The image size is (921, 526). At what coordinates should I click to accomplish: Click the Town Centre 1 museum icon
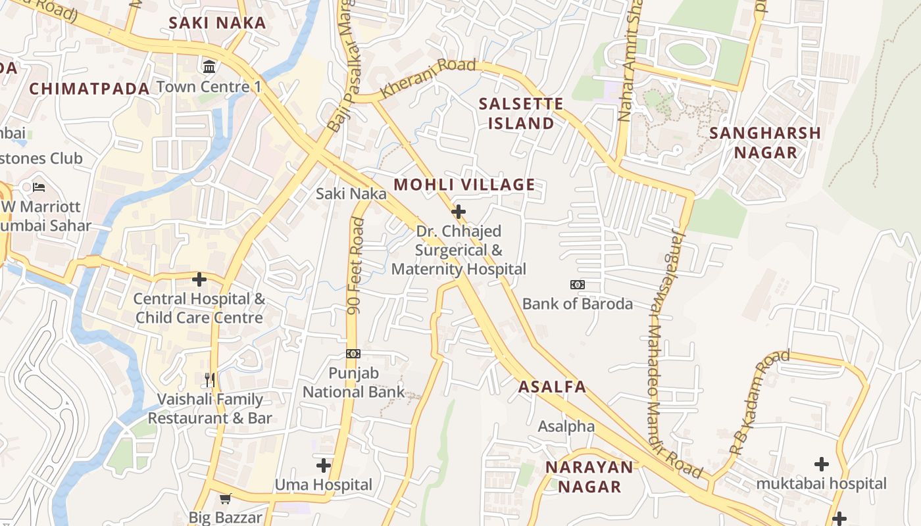click(x=209, y=66)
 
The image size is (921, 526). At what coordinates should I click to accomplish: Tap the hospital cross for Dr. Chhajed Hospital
click(x=459, y=212)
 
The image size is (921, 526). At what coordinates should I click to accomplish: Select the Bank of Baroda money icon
click(x=577, y=285)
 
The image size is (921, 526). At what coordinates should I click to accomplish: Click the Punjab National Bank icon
click(x=353, y=354)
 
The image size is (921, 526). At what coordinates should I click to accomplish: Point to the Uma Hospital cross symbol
click(x=323, y=466)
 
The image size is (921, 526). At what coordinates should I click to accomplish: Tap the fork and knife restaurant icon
click(x=210, y=379)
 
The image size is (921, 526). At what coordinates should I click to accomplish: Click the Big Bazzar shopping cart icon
click(x=226, y=498)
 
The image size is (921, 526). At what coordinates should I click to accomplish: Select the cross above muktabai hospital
click(x=821, y=464)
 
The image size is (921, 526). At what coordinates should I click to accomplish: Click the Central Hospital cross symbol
click(x=199, y=279)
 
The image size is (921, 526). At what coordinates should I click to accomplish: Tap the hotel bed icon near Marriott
click(x=39, y=187)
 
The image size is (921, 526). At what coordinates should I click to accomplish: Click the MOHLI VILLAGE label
click(x=464, y=185)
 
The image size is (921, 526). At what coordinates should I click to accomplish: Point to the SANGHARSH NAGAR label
click(x=765, y=143)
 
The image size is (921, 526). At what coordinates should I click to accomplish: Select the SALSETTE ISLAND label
click(x=521, y=113)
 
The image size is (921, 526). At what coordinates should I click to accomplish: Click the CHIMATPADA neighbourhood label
click(x=90, y=89)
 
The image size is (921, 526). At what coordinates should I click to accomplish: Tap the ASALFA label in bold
click(x=552, y=387)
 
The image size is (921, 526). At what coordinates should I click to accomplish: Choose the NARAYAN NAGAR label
click(x=589, y=477)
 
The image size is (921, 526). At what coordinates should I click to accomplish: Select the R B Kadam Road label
click(x=760, y=402)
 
